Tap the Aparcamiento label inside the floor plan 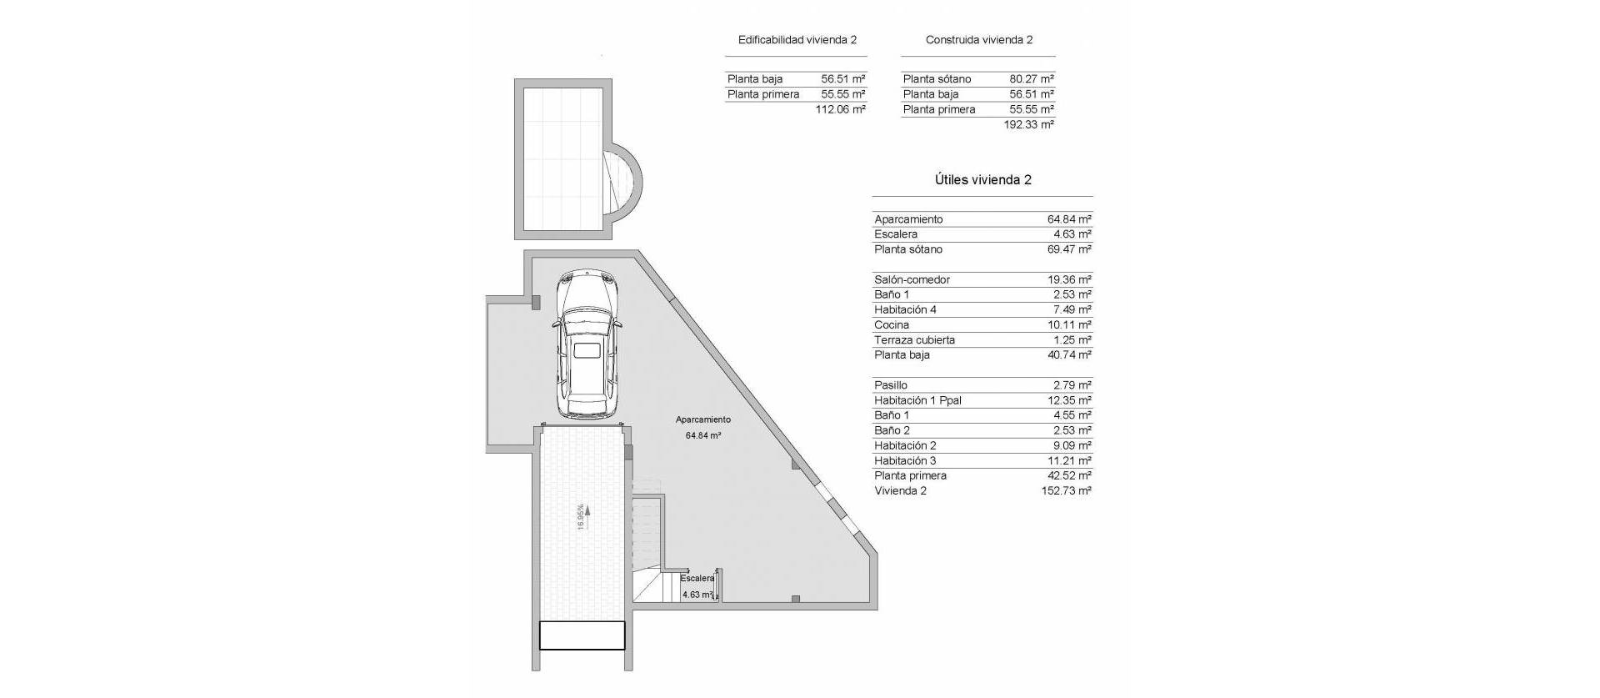[x=702, y=419]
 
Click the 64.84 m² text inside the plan [x=703, y=435]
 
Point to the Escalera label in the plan [x=697, y=578]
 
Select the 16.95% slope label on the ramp [x=581, y=516]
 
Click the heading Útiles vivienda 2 [x=982, y=180]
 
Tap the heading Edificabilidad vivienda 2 [x=797, y=40]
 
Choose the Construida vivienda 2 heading [x=978, y=40]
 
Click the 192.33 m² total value [x=1030, y=124]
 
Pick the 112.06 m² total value [x=841, y=109]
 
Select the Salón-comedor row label [x=912, y=279]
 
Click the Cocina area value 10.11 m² [x=1069, y=324]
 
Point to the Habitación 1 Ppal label [x=917, y=400]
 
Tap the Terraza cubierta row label [x=914, y=339]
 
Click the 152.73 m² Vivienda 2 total [x=1066, y=490]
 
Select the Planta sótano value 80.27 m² [x=1032, y=79]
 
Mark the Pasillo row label [x=891, y=385]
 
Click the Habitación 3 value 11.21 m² [x=1069, y=460]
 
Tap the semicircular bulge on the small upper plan [x=627, y=187]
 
